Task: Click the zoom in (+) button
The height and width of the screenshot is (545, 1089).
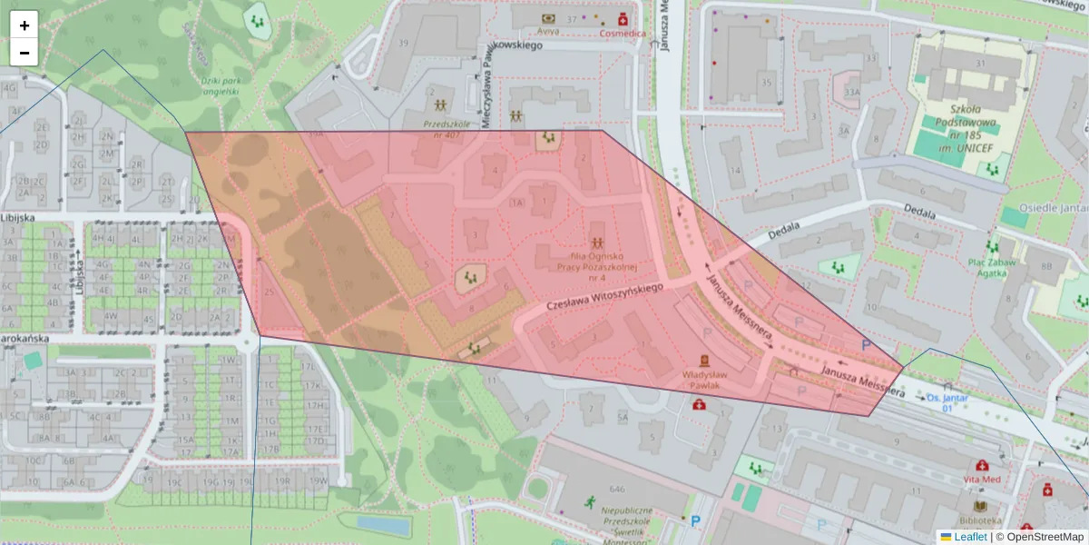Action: click(25, 25)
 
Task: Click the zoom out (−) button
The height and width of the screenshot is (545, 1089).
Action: click(25, 53)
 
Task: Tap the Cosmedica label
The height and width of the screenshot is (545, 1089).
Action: click(623, 33)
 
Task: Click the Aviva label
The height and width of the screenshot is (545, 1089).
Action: click(548, 31)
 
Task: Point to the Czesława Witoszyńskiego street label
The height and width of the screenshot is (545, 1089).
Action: click(604, 299)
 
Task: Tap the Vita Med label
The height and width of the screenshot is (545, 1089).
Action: click(982, 479)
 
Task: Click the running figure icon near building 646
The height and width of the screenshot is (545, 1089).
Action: click(590, 500)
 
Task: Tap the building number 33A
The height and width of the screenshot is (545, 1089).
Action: click(851, 92)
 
